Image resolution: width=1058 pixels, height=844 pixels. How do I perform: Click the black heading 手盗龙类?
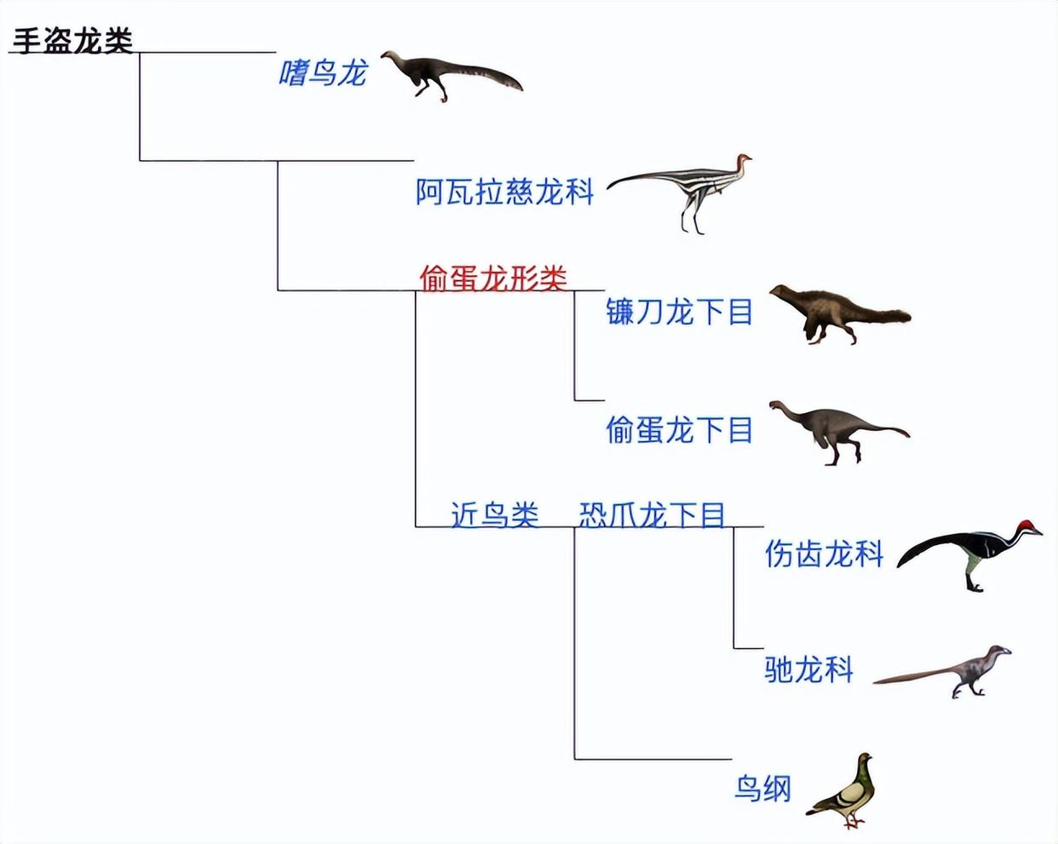click(72, 41)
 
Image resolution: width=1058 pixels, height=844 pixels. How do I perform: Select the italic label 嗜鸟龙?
click(322, 74)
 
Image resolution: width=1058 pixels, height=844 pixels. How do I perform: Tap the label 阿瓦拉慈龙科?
click(504, 192)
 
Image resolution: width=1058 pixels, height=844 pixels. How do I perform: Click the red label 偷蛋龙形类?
click(493, 278)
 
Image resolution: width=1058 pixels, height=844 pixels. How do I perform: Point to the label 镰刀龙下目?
click(679, 312)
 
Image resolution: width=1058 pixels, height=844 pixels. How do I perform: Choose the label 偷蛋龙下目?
click(679, 430)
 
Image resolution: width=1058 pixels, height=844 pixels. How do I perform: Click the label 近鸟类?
click(494, 514)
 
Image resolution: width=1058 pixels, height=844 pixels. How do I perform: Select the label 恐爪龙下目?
click(652, 514)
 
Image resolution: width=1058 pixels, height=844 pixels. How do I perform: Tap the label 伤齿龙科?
click(824, 554)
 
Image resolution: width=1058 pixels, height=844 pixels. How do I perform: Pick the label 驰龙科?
click(808, 669)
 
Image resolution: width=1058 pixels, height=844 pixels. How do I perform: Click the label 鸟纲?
click(762, 789)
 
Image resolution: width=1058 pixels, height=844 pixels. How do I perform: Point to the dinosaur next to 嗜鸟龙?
click(447, 75)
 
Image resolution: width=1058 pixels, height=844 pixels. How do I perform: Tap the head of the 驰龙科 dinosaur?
click(997, 652)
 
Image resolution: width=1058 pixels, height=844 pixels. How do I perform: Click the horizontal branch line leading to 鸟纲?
click(653, 759)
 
